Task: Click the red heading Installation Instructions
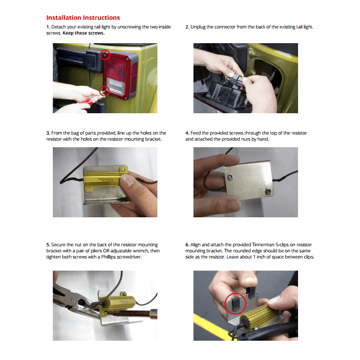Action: (83, 18)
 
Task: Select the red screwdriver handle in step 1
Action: (86, 102)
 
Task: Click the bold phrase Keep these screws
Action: (84, 33)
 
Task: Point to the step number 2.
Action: (187, 27)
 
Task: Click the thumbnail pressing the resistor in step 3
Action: (125, 180)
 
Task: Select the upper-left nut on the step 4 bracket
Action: (230, 177)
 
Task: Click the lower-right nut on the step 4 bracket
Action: (268, 191)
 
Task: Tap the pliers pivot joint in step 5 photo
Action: (81, 302)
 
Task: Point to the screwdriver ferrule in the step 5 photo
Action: (153, 314)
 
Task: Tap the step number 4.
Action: (187, 133)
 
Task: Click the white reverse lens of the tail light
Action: (116, 86)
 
